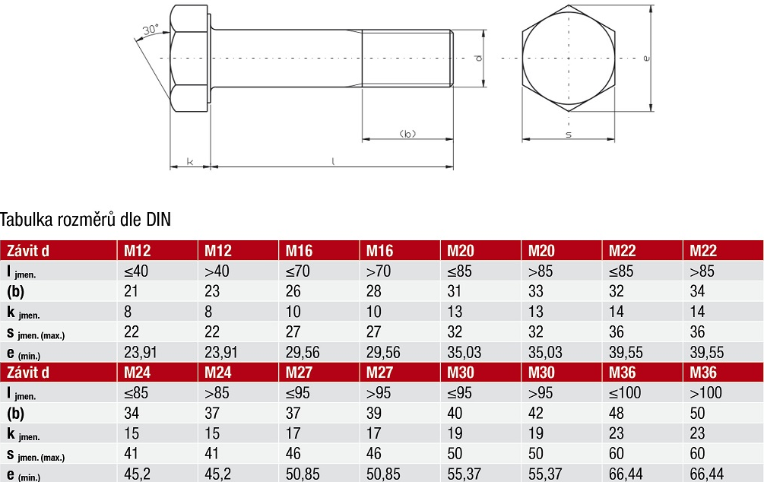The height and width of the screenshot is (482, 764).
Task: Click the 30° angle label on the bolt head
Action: [x=151, y=30]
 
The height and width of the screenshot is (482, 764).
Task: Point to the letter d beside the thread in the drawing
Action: [x=479, y=58]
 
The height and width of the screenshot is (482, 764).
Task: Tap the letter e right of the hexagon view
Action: [x=646, y=59]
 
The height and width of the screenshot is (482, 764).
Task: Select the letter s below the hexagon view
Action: [x=568, y=135]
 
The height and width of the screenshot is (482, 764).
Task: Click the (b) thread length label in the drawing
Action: [x=407, y=134]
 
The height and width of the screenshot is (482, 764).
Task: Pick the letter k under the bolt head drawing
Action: [x=190, y=161]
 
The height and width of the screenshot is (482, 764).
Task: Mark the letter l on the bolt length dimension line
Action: [x=333, y=161]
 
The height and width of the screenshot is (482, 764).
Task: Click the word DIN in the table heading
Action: [x=159, y=220]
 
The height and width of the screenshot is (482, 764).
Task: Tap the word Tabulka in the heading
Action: [x=27, y=220]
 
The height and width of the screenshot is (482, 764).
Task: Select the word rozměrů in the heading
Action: [x=86, y=220]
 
